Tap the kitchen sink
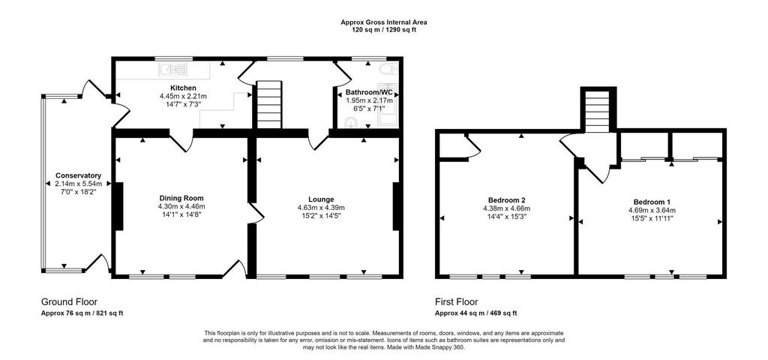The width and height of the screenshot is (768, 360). coord(174,70)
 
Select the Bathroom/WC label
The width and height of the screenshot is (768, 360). coord(369,92)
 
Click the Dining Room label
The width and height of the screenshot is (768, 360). coord(178,198)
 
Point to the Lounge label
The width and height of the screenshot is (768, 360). coord(322,199)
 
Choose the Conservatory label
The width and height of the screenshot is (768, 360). coord(78,175)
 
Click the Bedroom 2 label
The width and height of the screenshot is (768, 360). coord(507,199)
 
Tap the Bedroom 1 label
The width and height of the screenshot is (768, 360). coord(652,202)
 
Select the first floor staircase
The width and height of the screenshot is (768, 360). coord(598,111)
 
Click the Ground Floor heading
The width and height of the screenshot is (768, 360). coord(69,301)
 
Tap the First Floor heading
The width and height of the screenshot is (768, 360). coord(457,301)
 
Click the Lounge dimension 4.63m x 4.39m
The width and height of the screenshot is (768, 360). coord(322,207)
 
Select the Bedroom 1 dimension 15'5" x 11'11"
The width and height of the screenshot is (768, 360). coord(652,218)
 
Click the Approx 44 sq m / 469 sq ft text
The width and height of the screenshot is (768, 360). coord(476,313)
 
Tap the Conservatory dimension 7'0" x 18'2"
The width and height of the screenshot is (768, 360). coord(78,192)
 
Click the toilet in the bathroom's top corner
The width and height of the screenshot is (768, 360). coord(390,69)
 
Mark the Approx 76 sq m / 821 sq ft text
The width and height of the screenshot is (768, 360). coord(82,313)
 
